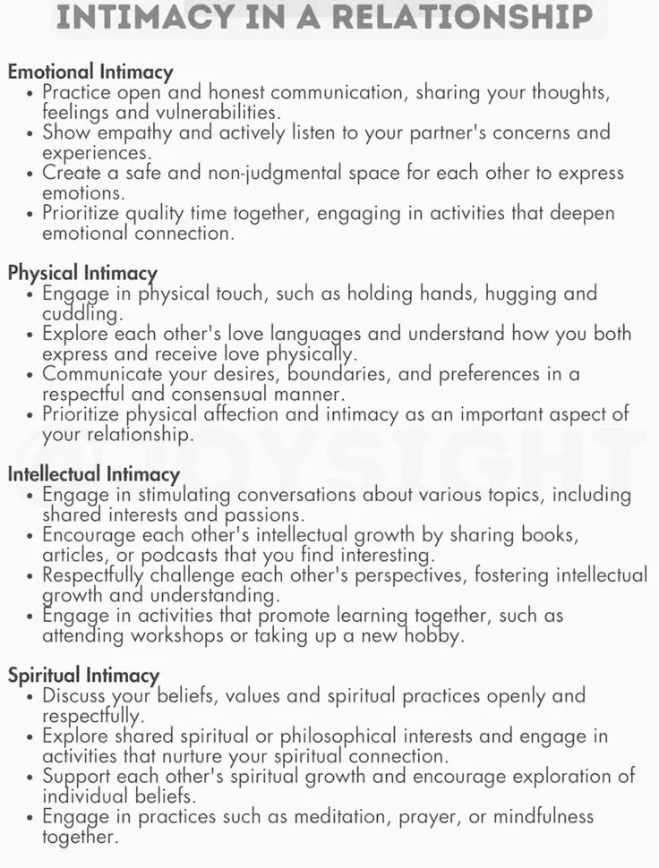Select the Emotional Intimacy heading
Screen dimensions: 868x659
(x=90, y=72)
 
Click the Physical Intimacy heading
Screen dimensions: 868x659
(x=82, y=273)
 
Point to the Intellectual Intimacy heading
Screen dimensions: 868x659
(x=94, y=474)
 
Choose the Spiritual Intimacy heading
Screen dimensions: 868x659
(x=83, y=676)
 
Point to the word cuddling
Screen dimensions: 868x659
(x=80, y=313)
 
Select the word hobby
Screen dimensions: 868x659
(x=433, y=635)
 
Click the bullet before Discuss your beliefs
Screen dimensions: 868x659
(x=32, y=696)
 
